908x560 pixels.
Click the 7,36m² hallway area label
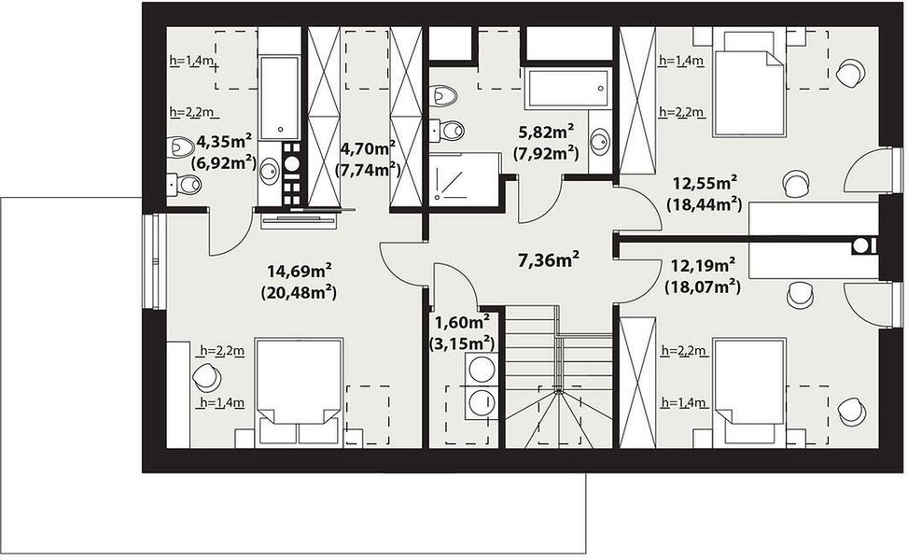pos(549,259)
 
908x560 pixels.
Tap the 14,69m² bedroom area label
pos(299,271)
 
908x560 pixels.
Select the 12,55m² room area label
pos(705,184)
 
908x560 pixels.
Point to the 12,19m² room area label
pos(703,266)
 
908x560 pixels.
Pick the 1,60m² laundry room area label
pos(462,321)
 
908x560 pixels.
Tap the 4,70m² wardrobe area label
pos(368,148)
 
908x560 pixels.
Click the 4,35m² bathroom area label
pos(224,141)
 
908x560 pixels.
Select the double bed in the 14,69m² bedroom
pos(299,392)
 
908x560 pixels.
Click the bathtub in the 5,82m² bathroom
pos(568,88)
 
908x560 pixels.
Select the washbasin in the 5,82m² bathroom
pos(600,140)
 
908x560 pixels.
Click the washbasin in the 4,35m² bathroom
pos(270,171)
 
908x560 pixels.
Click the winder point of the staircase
pos(559,392)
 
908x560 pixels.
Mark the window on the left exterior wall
pos(155,261)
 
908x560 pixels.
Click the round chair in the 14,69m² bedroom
pos(207,377)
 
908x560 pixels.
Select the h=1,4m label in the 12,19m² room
pos(684,402)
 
